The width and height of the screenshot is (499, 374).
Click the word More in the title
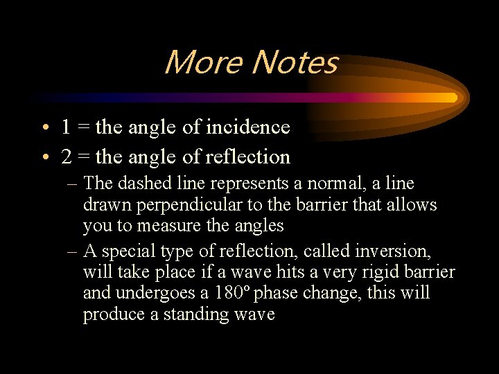(204, 62)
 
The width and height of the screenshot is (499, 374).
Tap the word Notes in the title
(295, 62)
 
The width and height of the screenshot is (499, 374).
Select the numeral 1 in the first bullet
(65, 127)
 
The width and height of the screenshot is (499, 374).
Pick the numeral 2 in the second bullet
(66, 157)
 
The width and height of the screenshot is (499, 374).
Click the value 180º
(232, 293)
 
